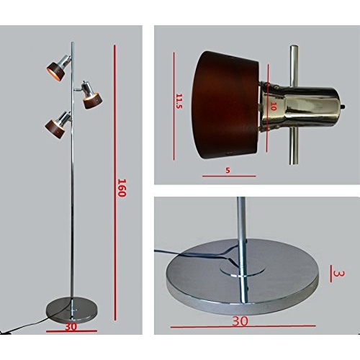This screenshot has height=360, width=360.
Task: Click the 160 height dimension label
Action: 122,188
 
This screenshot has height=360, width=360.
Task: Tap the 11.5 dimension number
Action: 179,101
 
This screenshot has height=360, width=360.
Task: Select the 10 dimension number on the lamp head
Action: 273,107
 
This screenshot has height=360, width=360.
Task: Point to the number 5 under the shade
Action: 228,170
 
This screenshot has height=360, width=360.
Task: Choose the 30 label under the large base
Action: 240,321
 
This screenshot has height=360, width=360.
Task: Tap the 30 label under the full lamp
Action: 71,326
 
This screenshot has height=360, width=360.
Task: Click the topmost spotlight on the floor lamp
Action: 59,66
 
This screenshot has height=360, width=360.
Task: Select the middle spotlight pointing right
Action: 91,95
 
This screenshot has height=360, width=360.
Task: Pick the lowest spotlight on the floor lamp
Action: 58,124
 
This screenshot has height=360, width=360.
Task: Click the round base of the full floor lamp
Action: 72,309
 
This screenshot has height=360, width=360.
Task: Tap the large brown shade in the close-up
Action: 225,105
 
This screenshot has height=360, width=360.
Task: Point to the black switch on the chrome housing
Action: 343,106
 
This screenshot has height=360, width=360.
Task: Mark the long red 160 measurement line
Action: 115,182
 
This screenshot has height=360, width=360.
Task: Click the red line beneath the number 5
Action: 229,176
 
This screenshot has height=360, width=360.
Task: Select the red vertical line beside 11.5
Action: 174,107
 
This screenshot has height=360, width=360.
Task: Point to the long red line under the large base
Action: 243,326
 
